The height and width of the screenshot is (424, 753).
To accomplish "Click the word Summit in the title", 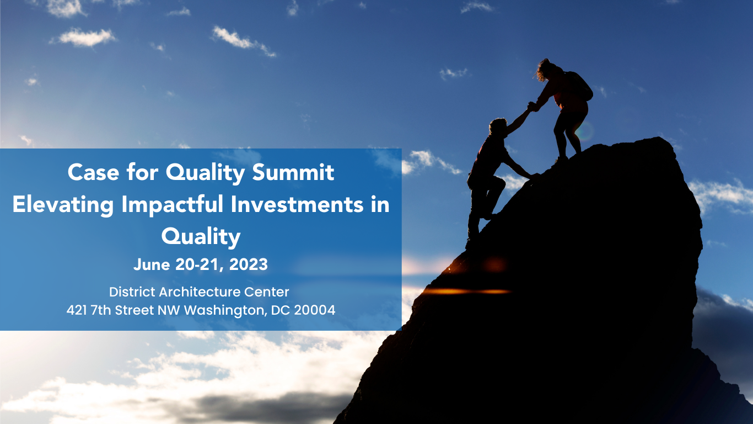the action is [293, 172].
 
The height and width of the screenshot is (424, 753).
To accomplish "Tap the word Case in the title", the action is [94, 172].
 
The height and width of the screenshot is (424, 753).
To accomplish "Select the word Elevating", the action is [63, 205].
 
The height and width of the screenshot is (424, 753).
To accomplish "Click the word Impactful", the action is [173, 204].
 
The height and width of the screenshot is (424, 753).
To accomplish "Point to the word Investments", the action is [297, 204].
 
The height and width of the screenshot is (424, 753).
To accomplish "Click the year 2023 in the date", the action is [249, 264].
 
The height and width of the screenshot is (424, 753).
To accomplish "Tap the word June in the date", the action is [152, 264].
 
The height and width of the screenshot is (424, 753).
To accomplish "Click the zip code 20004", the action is [315, 310].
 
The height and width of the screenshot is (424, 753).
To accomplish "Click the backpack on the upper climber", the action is [579, 86].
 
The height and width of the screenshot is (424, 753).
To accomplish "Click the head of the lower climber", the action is [498, 126].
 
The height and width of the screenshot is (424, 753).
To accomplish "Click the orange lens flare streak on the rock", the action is [467, 291].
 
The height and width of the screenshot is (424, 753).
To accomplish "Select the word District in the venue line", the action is [132, 292].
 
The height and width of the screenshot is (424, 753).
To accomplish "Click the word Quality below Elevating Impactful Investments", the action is [201, 237].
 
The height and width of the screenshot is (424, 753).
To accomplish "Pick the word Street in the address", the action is [135, 310].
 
